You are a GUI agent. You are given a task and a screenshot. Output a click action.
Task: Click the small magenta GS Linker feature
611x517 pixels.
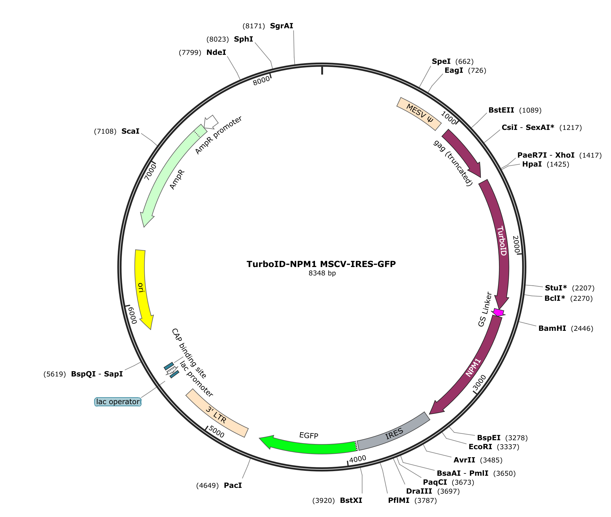[x=499, y=312]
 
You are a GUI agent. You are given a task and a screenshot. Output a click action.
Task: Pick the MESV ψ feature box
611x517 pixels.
[x=419, y=113]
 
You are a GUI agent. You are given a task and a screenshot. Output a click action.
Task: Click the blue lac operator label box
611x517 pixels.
[x=118, y=402]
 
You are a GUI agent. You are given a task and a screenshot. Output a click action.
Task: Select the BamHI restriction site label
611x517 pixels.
[x=552, y=328]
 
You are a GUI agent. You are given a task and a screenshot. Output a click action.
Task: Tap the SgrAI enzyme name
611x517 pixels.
[x=282, y=26]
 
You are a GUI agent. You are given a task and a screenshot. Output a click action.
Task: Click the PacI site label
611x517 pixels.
[x=233, y=485]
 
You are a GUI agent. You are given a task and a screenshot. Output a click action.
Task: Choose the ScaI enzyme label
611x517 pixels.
[x=131, y=131]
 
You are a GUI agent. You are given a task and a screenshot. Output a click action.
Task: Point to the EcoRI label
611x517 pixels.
[x=480, y=447]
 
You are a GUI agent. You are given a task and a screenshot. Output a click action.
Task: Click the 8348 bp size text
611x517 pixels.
[x=322, y=273]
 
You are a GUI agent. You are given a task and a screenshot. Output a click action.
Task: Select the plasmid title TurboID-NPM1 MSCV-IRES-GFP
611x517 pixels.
[x=321, y=264]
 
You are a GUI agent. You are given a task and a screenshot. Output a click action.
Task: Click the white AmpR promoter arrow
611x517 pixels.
[x=211, y=122]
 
